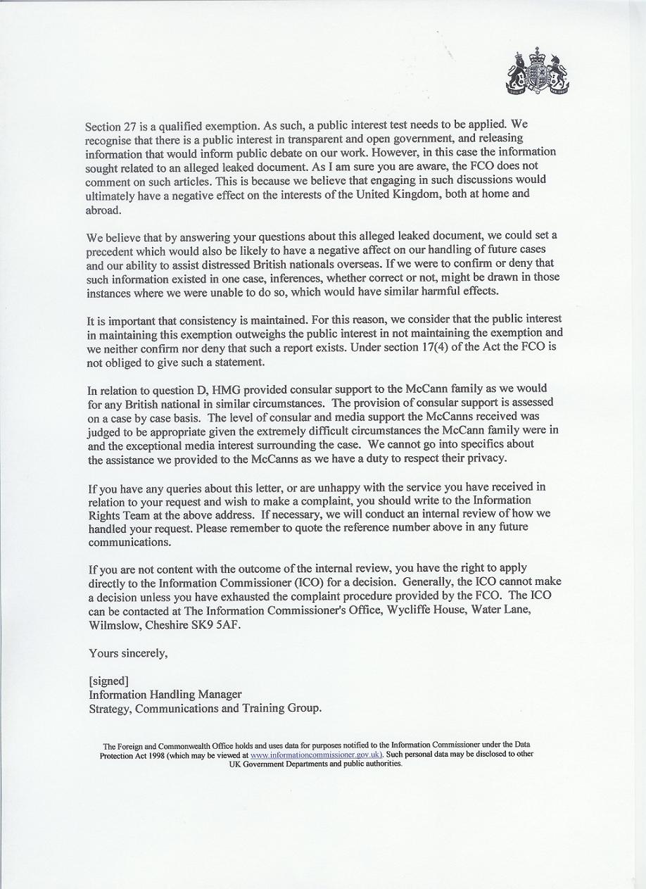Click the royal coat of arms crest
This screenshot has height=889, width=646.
(538, 72)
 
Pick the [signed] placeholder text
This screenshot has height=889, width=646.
(108, 681)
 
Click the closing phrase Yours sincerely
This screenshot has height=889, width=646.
(128, 653)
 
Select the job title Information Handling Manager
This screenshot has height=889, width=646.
(165, 695)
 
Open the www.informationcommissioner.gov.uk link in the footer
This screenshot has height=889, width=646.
(316, 755)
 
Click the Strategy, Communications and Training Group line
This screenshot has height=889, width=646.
(205, 709)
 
